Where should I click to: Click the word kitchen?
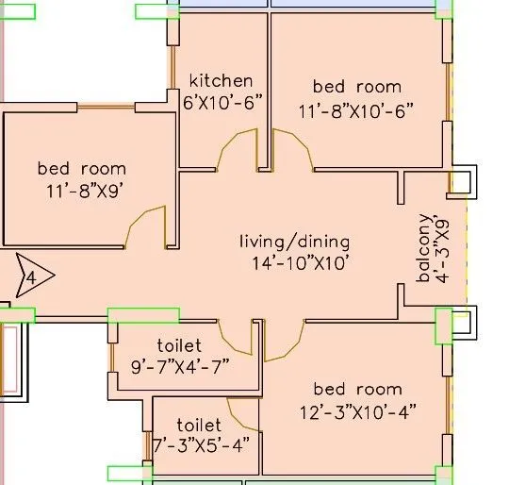pos(221,80)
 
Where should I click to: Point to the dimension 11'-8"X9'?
pos(82,189)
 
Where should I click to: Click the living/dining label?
pos(293,242)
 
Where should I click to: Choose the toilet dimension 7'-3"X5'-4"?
pos(200,445)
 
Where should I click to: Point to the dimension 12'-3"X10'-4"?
pos(357,410)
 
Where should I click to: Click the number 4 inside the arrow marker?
pos(30,278)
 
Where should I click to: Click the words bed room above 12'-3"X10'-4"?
pos(357,389)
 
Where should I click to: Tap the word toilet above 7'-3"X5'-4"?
pos(199,426)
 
